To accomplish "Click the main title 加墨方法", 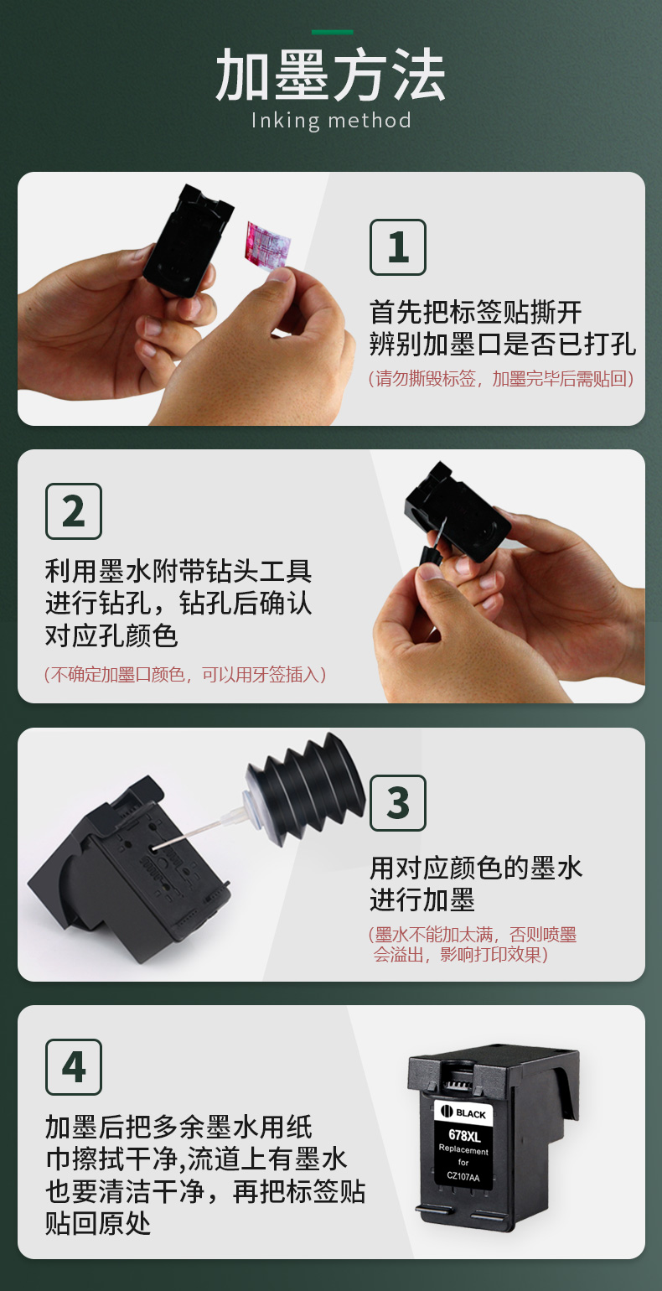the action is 331,75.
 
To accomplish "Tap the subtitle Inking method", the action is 331,121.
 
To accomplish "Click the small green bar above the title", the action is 332,32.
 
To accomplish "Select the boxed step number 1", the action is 397,247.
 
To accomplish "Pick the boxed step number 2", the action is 74,511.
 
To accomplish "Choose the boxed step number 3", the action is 397,803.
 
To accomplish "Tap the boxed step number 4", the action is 74,1067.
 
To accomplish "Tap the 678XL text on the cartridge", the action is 464,1135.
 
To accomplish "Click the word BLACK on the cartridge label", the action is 471,1114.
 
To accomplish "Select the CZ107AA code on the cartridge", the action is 463,1177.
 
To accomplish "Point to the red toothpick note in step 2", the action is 185,674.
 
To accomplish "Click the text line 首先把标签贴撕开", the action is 476,313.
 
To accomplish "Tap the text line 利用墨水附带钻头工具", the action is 178,572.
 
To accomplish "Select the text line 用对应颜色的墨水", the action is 476,868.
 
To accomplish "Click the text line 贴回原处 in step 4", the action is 99,1224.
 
